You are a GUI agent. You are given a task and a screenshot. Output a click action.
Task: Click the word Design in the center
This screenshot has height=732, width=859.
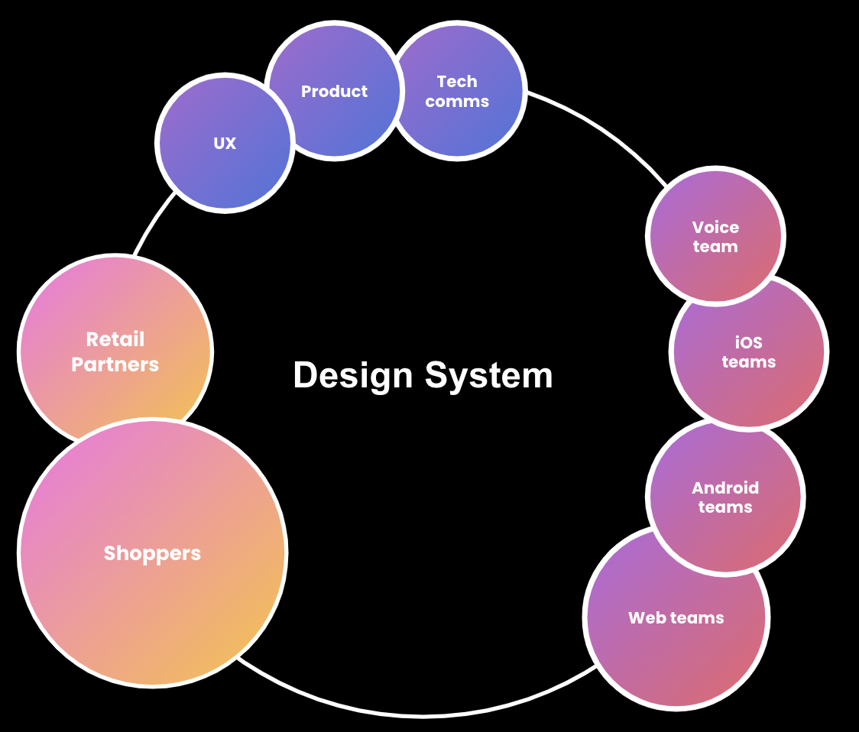(352, 376)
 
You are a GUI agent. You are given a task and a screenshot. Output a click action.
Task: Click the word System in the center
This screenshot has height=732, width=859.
(489, 376)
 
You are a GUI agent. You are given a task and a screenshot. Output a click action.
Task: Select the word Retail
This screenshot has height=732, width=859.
(115, 339)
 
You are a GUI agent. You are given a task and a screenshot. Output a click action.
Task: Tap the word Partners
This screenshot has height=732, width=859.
(115, 364)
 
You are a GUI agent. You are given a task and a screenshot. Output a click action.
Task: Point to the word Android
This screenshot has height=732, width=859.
(725, 487)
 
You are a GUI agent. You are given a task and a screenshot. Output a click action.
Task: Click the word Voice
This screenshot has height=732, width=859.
(715, 227)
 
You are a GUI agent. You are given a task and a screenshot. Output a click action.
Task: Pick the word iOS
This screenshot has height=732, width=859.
(749, 343)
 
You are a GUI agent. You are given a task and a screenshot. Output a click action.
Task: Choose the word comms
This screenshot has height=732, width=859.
(457, 102)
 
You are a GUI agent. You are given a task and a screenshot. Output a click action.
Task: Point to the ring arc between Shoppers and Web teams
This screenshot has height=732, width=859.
(420, 715)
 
